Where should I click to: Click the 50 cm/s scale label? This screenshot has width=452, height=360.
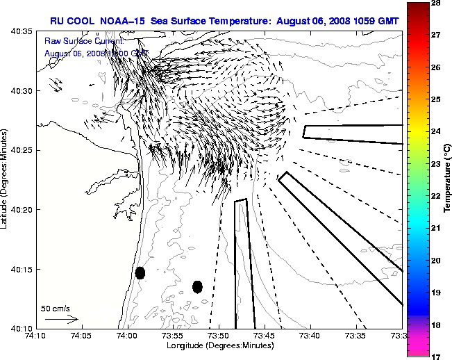[56, 308]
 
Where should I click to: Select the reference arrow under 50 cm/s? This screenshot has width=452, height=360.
[61, 319]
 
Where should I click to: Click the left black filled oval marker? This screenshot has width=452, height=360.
[140, 272]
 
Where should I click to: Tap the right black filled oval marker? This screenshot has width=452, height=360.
[197, 286]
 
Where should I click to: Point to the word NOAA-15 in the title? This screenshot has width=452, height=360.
[123, 22]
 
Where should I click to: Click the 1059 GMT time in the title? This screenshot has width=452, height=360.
[378, 22]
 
